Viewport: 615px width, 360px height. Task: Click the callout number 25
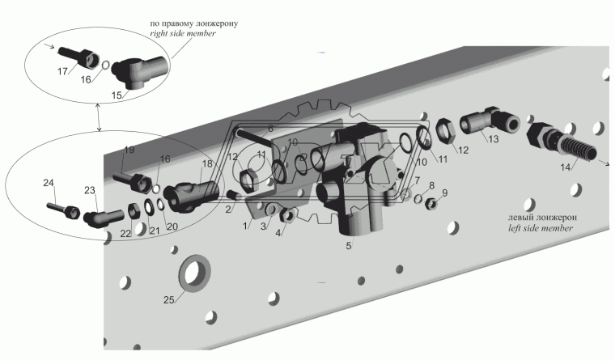coord(168,300)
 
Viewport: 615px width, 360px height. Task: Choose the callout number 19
coord(128,150)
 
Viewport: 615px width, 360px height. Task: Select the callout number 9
coord(444,193)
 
